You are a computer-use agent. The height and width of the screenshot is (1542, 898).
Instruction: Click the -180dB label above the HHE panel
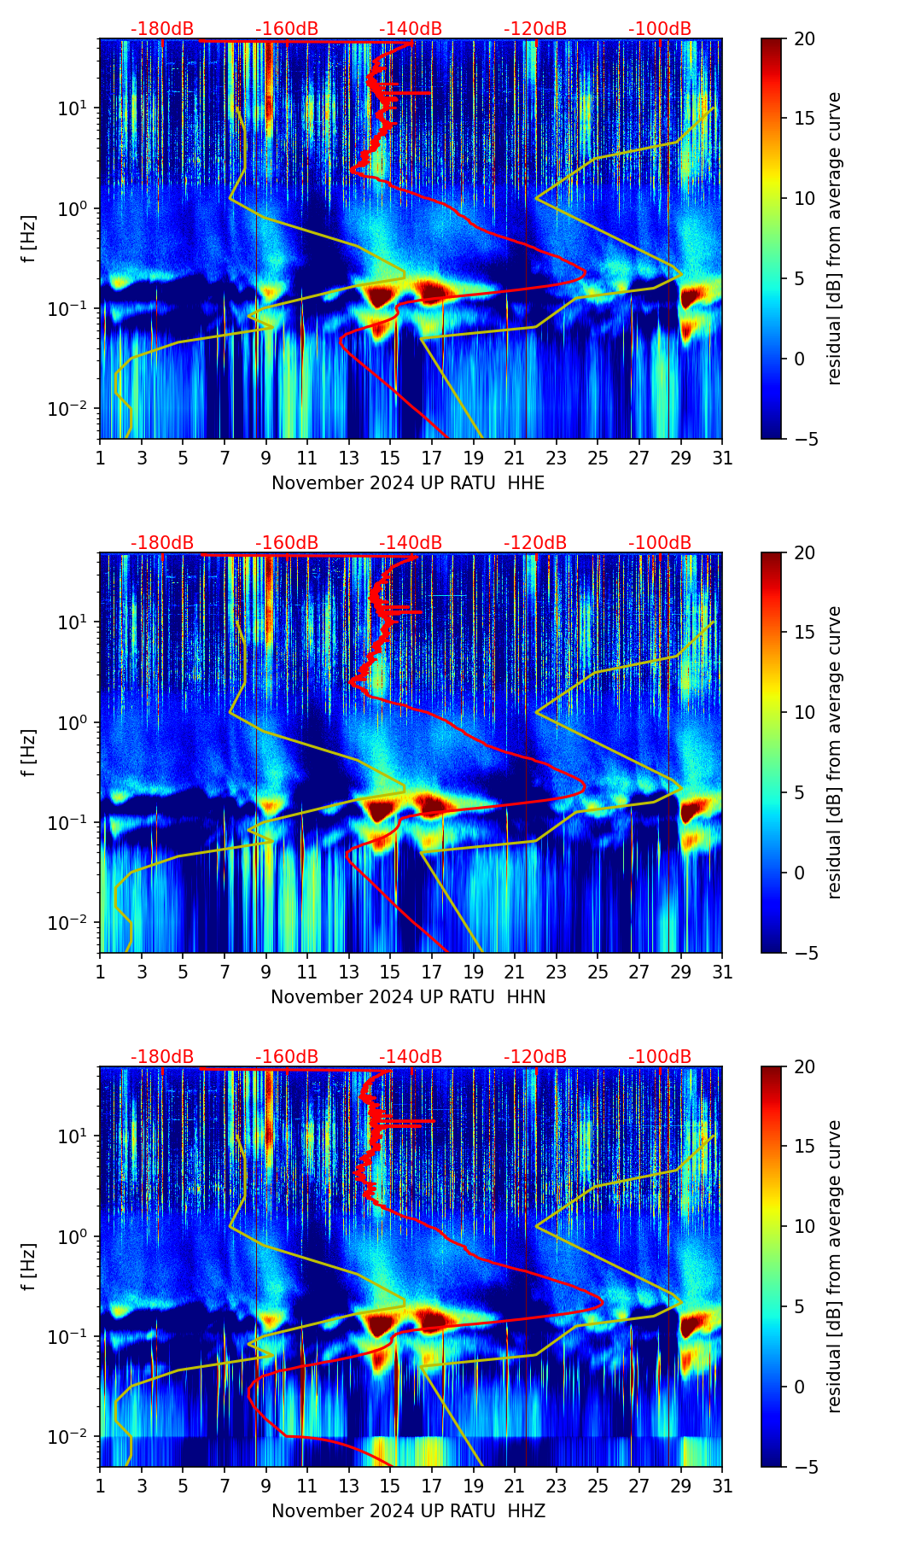click(162, 29)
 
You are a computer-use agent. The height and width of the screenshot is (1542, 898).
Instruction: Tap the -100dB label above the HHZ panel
click(660, 1057)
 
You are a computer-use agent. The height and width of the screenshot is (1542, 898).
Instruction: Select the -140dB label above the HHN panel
click(411, 543)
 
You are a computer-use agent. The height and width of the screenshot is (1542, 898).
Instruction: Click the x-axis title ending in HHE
click(408, 483)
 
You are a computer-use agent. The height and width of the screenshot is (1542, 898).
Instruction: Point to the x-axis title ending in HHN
click(408, 997)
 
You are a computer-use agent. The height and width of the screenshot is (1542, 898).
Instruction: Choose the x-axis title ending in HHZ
click(408, 1511)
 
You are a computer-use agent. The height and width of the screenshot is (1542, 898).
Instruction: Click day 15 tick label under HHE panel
click(390, 459)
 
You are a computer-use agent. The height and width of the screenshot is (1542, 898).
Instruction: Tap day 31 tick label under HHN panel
click(721, 973)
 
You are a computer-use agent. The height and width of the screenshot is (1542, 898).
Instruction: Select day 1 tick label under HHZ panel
click(101, 1487)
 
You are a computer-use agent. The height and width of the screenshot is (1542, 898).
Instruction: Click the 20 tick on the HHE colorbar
click(803, 38)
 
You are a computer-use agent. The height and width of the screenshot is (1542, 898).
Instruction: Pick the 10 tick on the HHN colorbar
click(803, 712)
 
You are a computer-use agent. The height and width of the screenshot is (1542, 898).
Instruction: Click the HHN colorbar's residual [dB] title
click(834, 752)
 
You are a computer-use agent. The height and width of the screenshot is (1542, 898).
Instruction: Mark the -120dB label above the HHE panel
click(535, 29)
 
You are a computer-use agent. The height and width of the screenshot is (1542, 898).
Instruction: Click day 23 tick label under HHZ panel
click(556, 1487)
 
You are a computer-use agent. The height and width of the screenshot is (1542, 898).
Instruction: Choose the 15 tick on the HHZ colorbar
click(803, 1146)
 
